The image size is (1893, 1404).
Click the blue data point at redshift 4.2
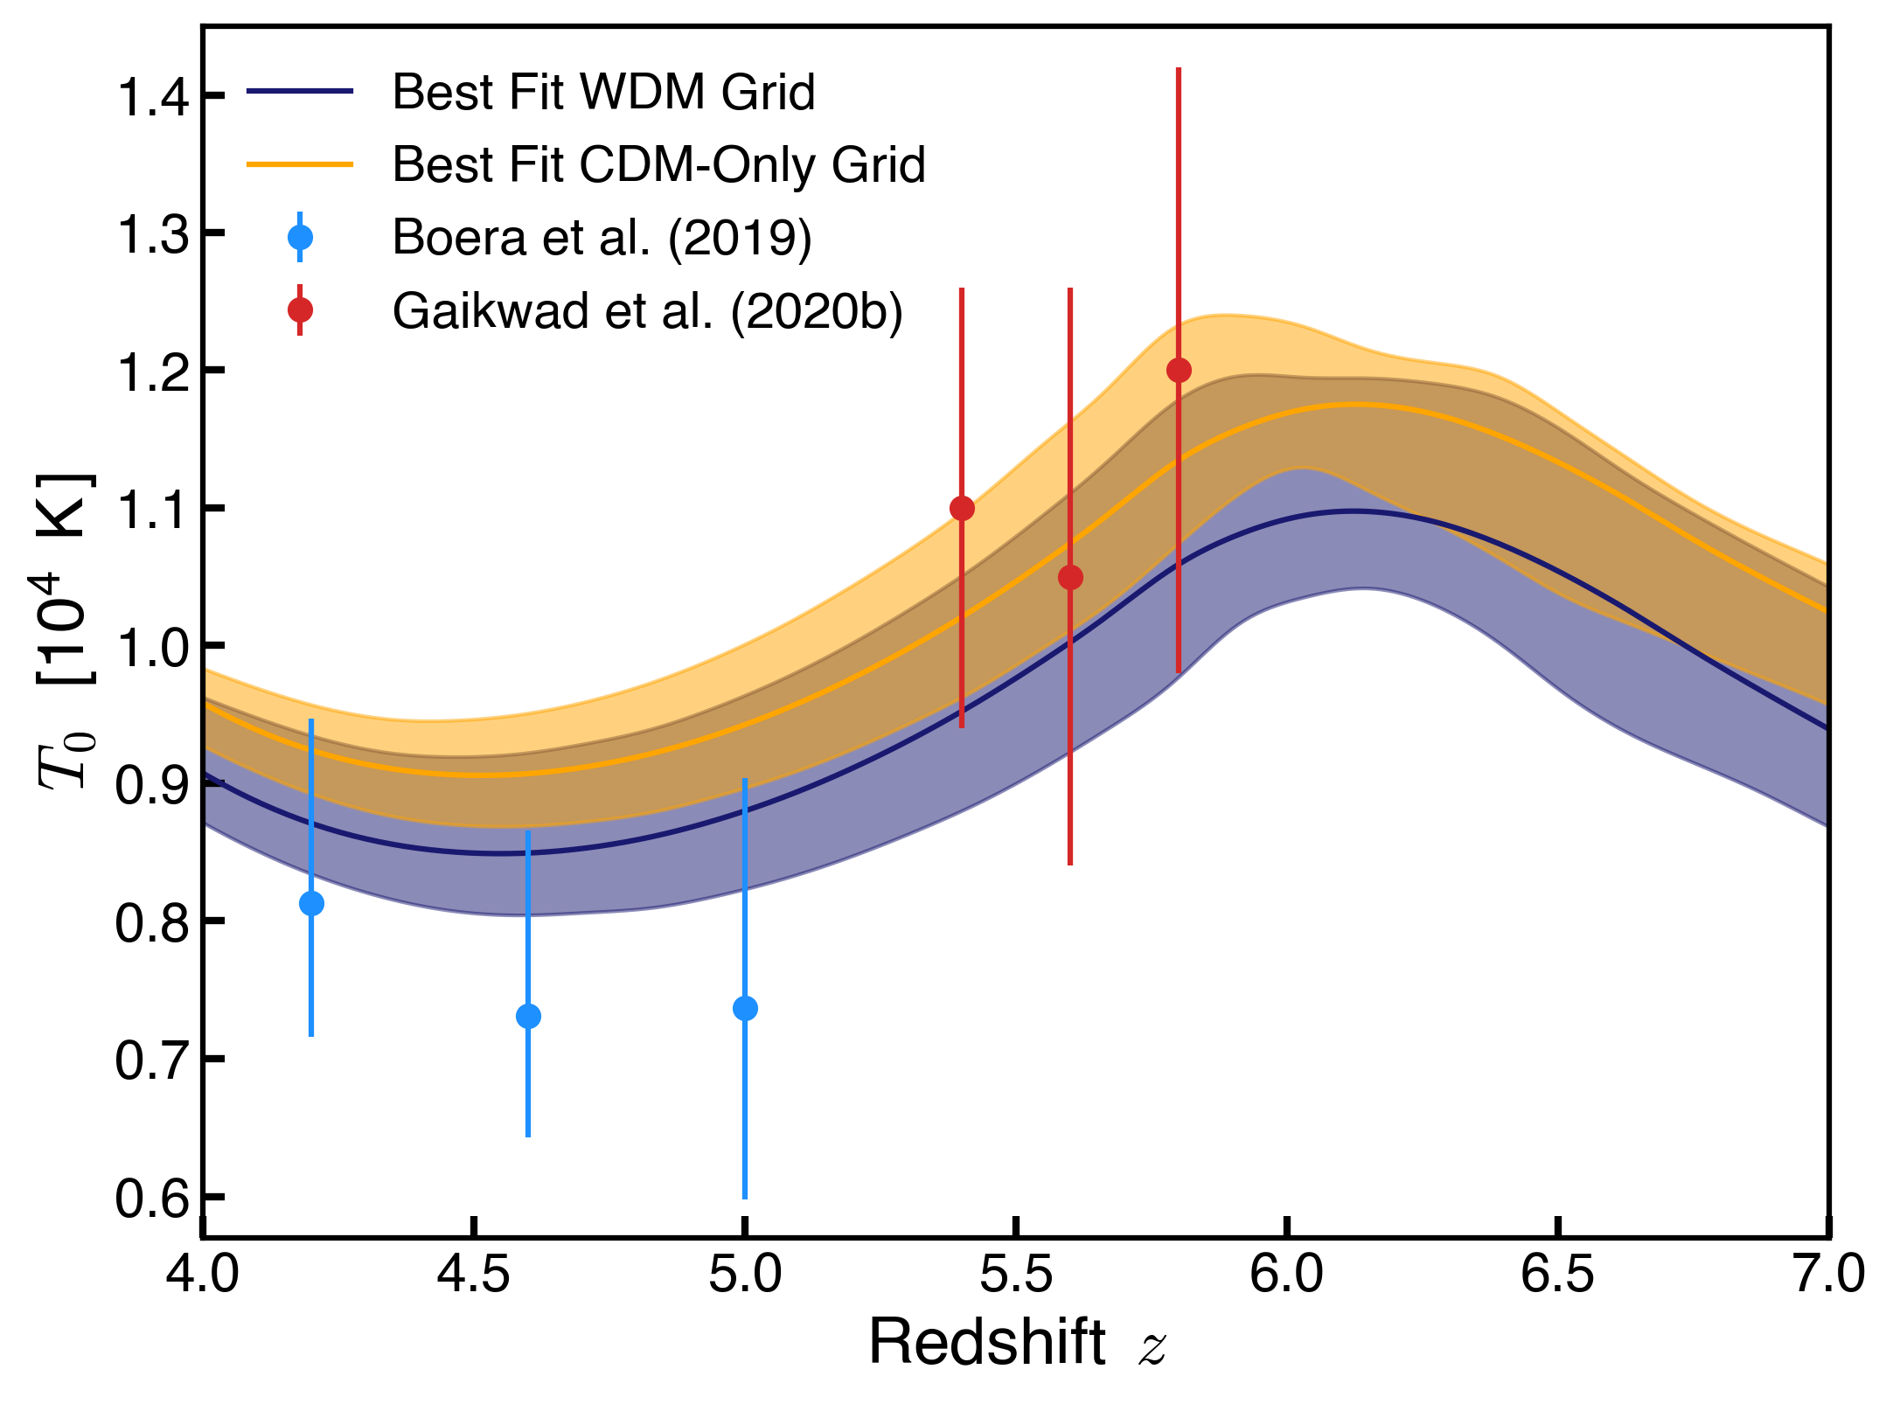coord(311,903)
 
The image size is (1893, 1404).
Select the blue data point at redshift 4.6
coord(528,1016)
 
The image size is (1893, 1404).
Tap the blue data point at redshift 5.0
coord(745,1008)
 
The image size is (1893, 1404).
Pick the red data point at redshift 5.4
coord(962,508)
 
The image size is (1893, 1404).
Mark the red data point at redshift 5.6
coord(1070,577)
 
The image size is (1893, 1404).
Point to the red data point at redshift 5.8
coord(1179,370)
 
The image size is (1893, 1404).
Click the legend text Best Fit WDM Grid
coord(603,92)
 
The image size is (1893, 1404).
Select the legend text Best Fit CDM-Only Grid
coord(658,164)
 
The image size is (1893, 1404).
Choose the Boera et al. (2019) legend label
coord(602,237)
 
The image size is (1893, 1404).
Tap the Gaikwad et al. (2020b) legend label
coord(647,310)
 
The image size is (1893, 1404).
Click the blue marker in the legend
coord(300,237)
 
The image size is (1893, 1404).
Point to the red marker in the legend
coord(300,310)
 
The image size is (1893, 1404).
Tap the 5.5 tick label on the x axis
coord(1015,1274)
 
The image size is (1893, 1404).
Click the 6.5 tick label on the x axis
coord(1557,1274)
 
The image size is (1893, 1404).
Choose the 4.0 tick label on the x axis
coord(203,1274)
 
